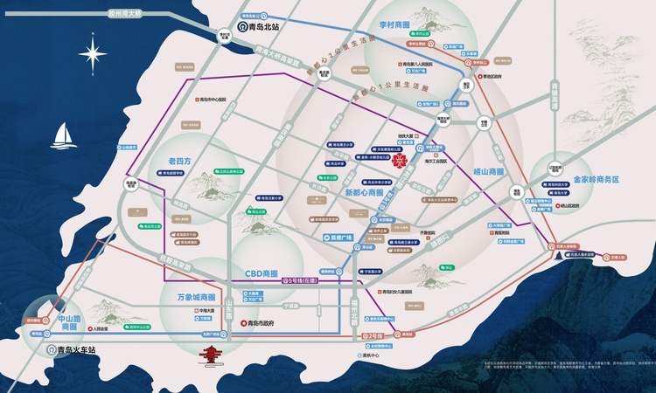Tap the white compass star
point(93,54)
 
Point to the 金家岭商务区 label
point(596,179)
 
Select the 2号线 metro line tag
point(373,335)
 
